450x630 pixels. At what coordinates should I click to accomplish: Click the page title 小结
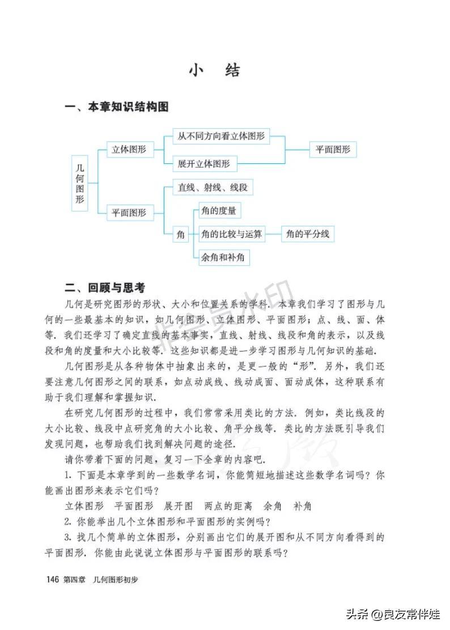[x=215, y=70]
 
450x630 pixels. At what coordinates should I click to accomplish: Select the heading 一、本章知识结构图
[x=117, y=107]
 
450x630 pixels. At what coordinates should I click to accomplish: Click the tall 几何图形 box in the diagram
[x=80, y=184]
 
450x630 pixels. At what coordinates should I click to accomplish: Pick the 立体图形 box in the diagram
[x=129, y=150]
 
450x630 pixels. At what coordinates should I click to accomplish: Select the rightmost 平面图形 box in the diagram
[x=333, y=150]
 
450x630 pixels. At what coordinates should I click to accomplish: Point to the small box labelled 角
[x=181, y=234]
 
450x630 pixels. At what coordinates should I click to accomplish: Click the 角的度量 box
[x=218, y=211]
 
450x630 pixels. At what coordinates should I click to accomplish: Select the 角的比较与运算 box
[x=232, y=234]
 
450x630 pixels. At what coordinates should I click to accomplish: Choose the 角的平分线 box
[x=308, y=234]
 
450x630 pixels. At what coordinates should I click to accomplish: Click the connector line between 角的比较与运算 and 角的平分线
[x=274, y=234]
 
